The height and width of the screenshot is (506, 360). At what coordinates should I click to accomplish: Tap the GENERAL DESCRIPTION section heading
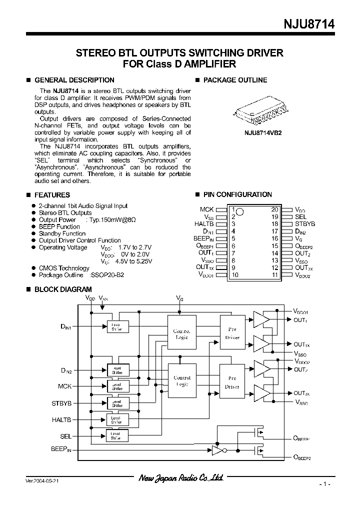74,80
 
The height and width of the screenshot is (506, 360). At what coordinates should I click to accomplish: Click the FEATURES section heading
52,195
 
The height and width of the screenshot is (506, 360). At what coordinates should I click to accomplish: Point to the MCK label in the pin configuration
206,209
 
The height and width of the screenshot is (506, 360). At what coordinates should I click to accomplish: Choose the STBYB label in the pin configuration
304,224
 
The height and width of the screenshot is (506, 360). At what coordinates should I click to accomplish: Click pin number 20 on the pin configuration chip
274,209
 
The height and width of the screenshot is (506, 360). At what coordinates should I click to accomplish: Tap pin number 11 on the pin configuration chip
274,275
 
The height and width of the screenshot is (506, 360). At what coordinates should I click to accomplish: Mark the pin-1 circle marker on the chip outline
239,211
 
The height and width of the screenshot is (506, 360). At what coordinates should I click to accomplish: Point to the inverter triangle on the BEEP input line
217,451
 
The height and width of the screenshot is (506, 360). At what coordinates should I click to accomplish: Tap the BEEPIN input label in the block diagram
61,449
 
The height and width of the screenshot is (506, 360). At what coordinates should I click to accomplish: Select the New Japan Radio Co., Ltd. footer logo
180,478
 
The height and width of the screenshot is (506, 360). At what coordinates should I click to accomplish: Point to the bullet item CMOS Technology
64,268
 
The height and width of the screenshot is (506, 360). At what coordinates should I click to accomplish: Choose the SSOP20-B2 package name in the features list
106,275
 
